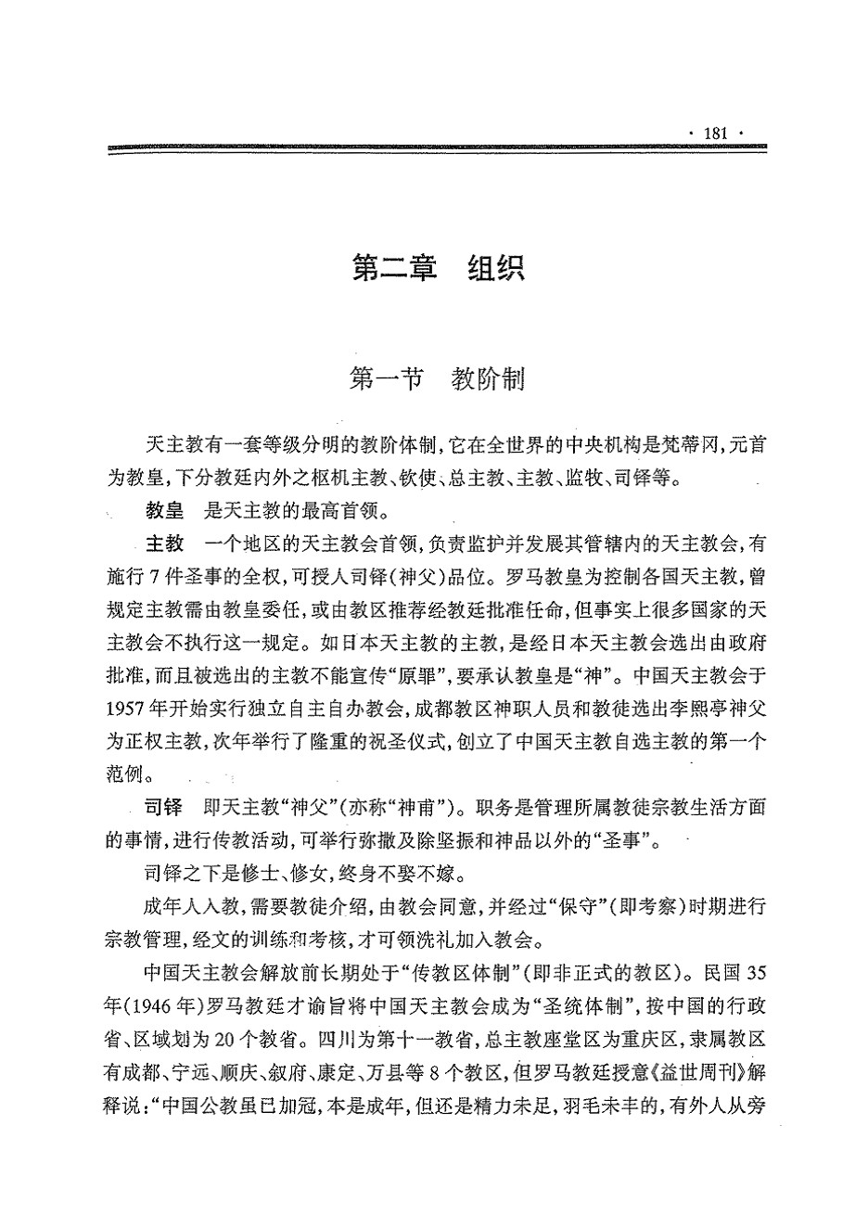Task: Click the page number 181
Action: [x=717, y=134]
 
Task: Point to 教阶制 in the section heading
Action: [x=489, y=379]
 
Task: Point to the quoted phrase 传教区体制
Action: [x=489, y=971]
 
